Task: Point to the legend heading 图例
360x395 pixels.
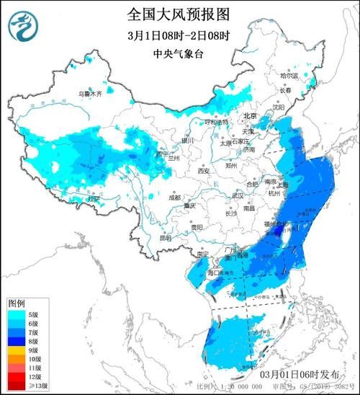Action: tap(17, 303)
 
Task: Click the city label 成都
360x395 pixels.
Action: tap(176, 197)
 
